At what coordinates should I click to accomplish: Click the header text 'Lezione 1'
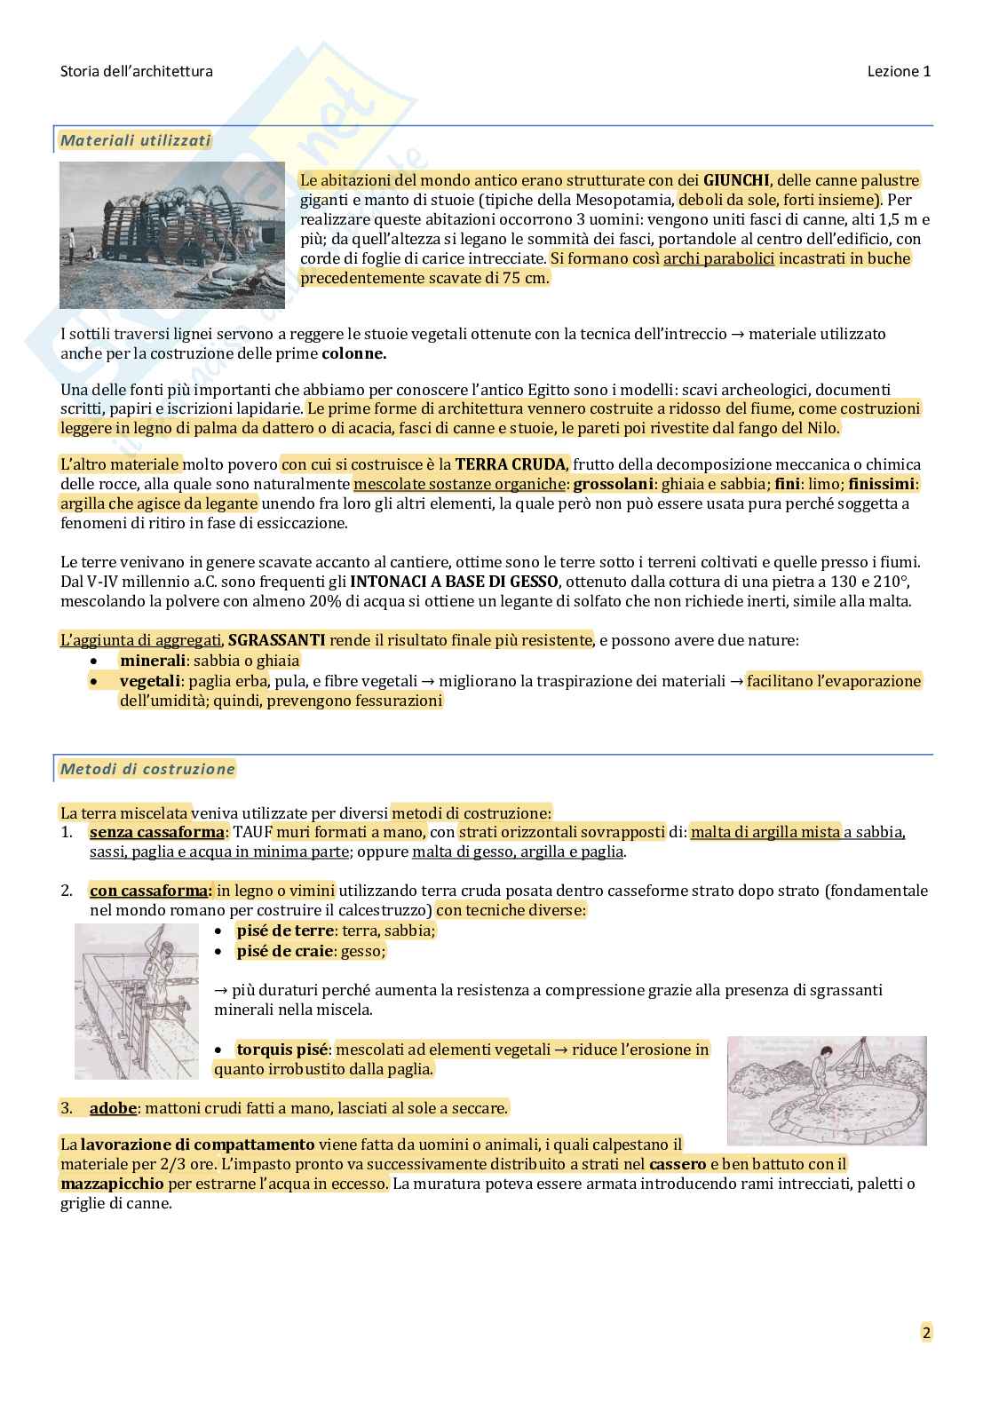pos(899,72)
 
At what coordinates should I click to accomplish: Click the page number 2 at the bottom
pos(926,1332)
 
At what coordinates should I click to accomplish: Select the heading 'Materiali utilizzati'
pos(135,140)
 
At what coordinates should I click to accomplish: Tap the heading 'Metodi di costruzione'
pos(147,769)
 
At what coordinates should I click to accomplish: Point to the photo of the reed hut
pos(172,235)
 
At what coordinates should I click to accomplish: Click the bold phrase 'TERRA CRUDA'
pos(510,464)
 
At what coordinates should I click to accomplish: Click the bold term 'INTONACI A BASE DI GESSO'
pos(455,582)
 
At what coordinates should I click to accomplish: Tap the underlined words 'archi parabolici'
pos(718,258)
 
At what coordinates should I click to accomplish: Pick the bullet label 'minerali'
pos(153,661)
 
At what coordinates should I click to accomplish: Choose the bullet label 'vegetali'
pos(149,681)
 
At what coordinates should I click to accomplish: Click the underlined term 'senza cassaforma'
pos(156,832)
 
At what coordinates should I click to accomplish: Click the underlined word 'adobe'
pos(113,1108)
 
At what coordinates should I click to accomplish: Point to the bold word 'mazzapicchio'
pos(112,1184)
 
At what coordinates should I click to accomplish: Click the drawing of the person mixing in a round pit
pos(827,1090)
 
